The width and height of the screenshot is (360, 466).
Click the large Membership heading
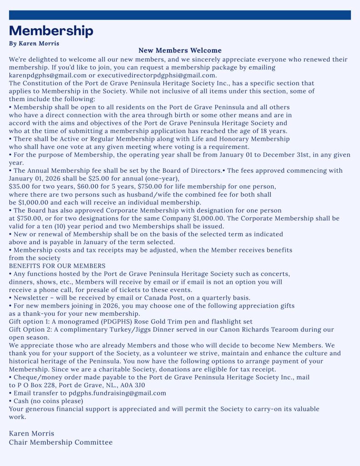tap(51, 31)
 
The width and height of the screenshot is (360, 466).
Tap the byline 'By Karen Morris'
tap(34, 43)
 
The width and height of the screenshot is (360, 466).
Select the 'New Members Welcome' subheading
tap(180, 51)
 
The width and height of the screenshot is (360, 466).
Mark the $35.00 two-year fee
tap(20, 186)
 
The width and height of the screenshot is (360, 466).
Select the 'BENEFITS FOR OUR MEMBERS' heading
tap(57, 266)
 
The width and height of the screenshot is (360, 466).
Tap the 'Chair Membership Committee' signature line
tap(61, 442)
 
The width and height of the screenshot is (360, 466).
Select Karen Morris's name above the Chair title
tap(31, 433)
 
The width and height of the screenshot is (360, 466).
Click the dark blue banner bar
tap(180, 15)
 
